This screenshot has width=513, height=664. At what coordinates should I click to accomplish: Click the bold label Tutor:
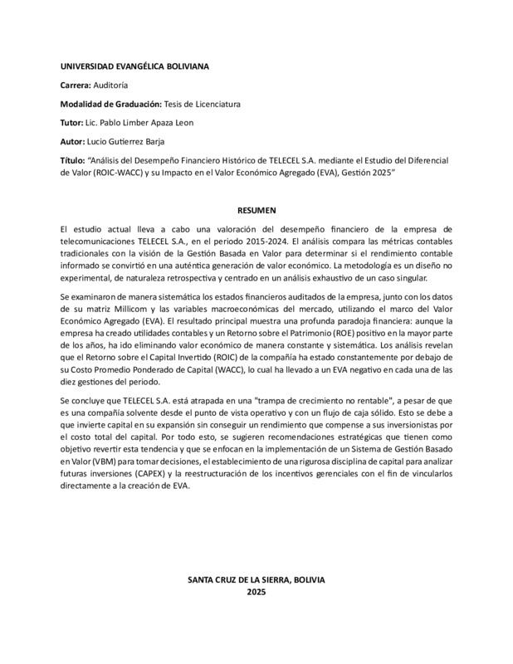pos(72,124)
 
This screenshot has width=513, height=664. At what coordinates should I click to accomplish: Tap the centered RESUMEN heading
pos(256,211)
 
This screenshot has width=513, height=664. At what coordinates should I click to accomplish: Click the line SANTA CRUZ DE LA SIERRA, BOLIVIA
pos(256,580)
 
